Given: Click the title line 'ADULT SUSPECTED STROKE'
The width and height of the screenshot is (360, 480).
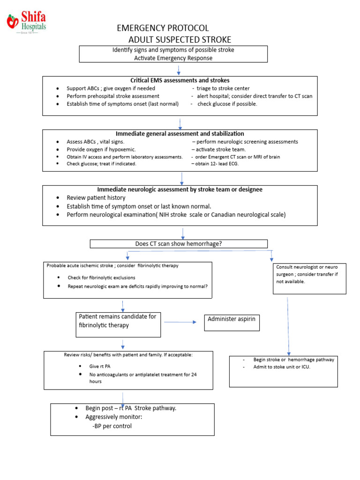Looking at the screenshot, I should point(180,39).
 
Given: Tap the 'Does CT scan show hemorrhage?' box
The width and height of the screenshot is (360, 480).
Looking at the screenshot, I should point(178,244).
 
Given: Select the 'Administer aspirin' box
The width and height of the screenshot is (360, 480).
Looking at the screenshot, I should point(232,322).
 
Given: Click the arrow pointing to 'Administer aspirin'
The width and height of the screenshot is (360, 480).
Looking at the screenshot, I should point(180,322).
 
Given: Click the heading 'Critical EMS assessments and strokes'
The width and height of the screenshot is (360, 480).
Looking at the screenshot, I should point(180,80).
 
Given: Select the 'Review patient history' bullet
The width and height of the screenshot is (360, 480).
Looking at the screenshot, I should point(96,198).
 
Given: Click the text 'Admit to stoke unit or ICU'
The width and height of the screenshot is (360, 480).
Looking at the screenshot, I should point(282,367).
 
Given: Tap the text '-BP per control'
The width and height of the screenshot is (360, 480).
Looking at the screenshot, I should point(112,426).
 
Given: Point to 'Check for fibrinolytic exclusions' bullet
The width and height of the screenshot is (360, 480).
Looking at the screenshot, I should point(101,277).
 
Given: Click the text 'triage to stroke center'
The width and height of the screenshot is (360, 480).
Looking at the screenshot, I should point(222,88).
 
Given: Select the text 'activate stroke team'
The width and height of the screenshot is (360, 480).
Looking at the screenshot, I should point(220,149).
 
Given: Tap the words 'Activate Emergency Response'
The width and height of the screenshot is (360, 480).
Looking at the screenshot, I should point(173,58).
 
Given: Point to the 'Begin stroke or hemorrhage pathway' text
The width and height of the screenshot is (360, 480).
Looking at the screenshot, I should point(293,360).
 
